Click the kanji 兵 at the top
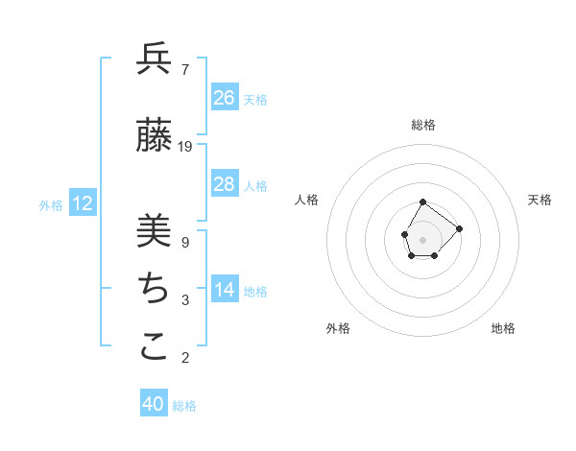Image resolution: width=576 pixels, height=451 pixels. coord(154,60)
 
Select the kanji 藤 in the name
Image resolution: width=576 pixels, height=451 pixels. coord(154,136)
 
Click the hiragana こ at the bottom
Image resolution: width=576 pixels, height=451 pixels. coord(154,347)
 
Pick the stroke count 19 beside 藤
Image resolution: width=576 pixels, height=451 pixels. coord(185,147)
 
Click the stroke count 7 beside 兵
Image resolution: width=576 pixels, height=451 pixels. coord(184,70)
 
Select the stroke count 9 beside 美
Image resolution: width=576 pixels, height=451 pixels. coord(184,243)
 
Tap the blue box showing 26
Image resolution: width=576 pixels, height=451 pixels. coord(224,98)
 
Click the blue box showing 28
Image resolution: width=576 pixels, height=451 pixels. coord(224,184)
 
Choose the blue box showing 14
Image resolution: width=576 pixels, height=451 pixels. coord(224,290)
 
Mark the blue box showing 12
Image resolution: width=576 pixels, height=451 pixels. coord(83,203)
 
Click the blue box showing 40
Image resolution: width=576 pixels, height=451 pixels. coord(154,404)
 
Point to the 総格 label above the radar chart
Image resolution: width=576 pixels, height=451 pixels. coord(423,125)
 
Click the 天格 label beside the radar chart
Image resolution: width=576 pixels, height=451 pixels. coord(540,200)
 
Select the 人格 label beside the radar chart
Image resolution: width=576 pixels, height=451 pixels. coord(307,200)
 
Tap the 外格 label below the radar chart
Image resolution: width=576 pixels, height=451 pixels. coord(338,328)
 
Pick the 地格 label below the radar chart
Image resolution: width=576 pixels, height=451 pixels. coord(503,328)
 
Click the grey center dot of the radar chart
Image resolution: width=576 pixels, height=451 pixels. coord(422,238)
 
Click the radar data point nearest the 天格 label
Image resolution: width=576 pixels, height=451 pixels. coord(459,228)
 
